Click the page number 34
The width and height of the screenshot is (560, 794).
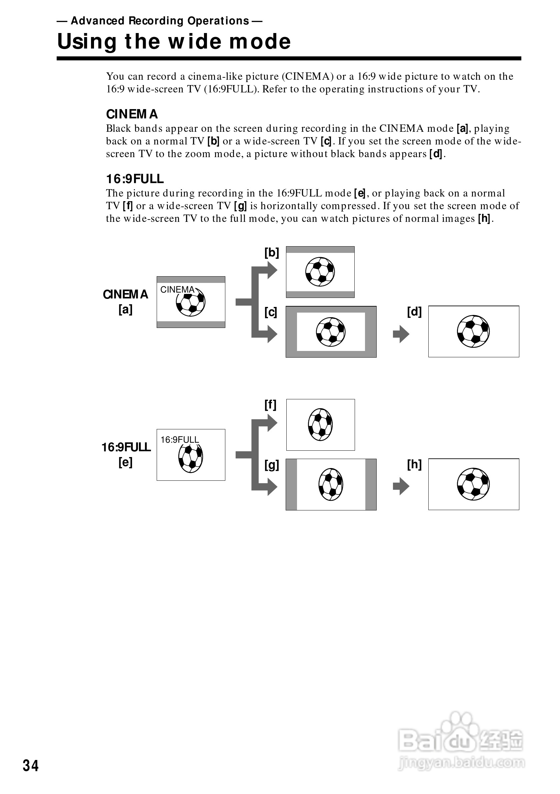coord(31,766)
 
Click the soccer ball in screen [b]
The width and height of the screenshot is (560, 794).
coord(320,272)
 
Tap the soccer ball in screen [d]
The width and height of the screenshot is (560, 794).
coord(473,331)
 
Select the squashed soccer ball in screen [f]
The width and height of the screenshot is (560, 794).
coord(320,424)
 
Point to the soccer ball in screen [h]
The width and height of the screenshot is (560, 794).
coord(473,484)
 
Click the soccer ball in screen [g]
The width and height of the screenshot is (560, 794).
coord(331,484)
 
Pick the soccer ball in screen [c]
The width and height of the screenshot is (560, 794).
coord(331,332)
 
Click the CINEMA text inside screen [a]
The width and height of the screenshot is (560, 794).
coord(177,290)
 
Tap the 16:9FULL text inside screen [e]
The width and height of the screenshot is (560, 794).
coord(180,440)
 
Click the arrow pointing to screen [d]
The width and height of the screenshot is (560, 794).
coord(401,334)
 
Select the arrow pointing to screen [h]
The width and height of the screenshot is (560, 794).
coord(401,486)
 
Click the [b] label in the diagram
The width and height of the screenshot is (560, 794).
coord(272,253)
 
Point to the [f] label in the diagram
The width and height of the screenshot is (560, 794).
coord(270,405)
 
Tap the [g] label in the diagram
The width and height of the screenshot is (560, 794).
coord(272,465)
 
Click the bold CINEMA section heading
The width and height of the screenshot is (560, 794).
coord(132,114)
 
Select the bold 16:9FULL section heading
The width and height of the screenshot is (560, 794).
coord(135,179)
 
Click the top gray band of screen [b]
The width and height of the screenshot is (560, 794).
coord(320,250)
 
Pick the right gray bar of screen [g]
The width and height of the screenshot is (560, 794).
coord(371,484)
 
